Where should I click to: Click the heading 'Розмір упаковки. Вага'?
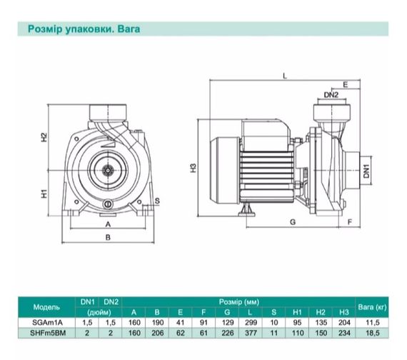pos(84,29)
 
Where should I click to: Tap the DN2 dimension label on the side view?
pos(331,95)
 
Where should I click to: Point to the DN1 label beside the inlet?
pos(366,171)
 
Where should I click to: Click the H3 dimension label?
pos(194,168)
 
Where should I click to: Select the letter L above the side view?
pos(285,76)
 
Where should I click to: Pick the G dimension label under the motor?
pos(293,222)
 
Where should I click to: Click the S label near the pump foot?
pos(157,201)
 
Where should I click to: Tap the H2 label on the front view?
pos(44,137)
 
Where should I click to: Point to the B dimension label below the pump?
pos(108,237)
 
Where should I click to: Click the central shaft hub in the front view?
pos(108,171)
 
